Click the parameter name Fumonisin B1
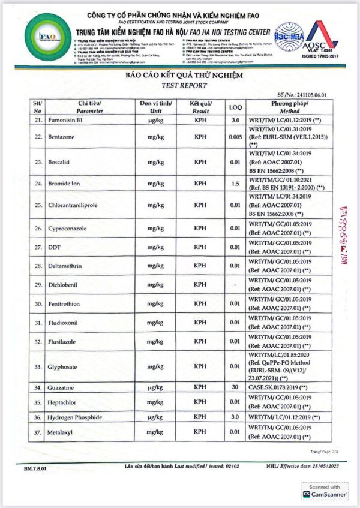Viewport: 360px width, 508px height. (x=71, y=121)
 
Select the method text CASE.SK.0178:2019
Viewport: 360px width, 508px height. (x=276, y=387)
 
